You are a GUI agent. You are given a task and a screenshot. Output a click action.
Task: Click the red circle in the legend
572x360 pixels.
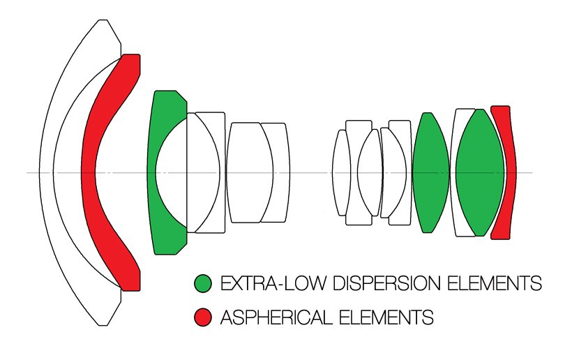pyautogui.click(x=202, y=318)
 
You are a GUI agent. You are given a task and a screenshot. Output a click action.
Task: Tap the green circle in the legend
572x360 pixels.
pyautogui.click(x=202, y=283)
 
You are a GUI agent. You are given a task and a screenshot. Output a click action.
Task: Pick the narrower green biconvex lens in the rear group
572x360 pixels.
pyautogui.click(x=430, y=172)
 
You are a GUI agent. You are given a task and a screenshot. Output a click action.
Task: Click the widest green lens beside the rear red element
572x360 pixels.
pyautogui.click(x=480, y=172)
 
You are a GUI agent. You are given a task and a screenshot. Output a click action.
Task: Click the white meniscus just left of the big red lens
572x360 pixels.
pyautogui.click(x=70, y=172)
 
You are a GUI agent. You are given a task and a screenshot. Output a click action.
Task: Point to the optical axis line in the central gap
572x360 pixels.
pyautogui.click(x=310, y=172)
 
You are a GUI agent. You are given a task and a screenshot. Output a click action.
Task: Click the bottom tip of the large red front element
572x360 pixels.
pyautogui.click(x=130, y=288)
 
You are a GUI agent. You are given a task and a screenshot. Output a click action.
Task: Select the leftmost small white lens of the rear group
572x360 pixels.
pyautogui.click(x=340, y=172)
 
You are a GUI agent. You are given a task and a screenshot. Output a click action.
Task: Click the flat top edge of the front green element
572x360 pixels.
pyautogui.click(x=166, y=91)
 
